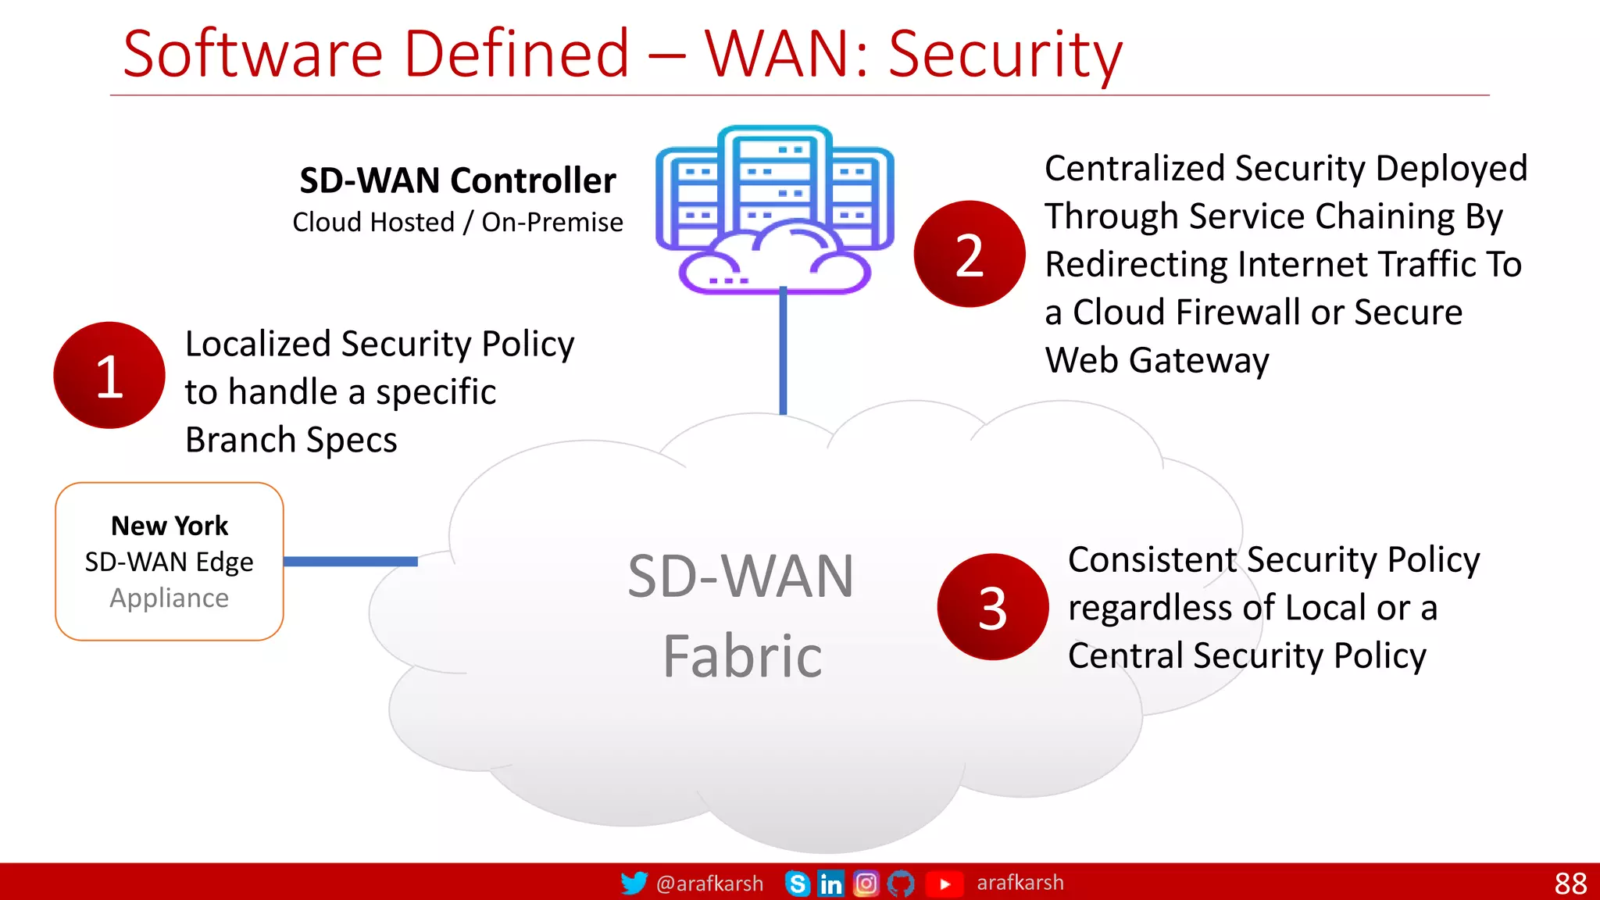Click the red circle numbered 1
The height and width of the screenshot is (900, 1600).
point(109,375)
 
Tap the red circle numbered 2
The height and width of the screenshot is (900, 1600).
point(970,254)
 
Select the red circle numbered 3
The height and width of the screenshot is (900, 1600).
point(993,607)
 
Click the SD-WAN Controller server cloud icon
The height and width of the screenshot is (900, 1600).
point(774,209)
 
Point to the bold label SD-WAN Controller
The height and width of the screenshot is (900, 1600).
point(458,180)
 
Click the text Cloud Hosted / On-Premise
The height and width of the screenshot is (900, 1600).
point(458,223)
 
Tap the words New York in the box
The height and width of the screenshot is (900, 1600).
point(170,526)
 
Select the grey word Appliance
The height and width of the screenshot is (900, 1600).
point(170,598)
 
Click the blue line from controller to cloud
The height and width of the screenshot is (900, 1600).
point(783,352)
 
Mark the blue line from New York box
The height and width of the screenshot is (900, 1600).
point(350,561)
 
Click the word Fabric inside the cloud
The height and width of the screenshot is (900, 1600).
point(742,656)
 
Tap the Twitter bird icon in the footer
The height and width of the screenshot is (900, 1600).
point(634,883)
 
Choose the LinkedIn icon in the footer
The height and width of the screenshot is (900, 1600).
point(830,884)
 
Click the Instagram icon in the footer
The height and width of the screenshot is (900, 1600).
point(866,884)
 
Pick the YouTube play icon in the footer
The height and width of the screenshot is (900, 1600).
point(944,884)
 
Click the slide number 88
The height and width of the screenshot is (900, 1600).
point(1570,884)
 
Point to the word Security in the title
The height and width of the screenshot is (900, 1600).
point(1005,55)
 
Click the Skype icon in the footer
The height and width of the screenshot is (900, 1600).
point(797,884)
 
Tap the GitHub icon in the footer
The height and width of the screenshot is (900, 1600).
point(901,884)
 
